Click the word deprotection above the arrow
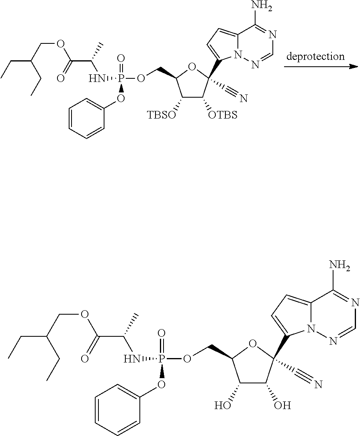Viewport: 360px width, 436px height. click(x=315, y=57)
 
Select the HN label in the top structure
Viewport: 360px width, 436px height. click(x=96, y=77)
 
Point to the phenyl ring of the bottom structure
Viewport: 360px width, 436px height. click(x=117, y=409)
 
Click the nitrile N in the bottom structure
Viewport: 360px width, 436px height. click(x=319, y=385)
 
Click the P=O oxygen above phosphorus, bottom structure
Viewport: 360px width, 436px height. click(x=162, y=333)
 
